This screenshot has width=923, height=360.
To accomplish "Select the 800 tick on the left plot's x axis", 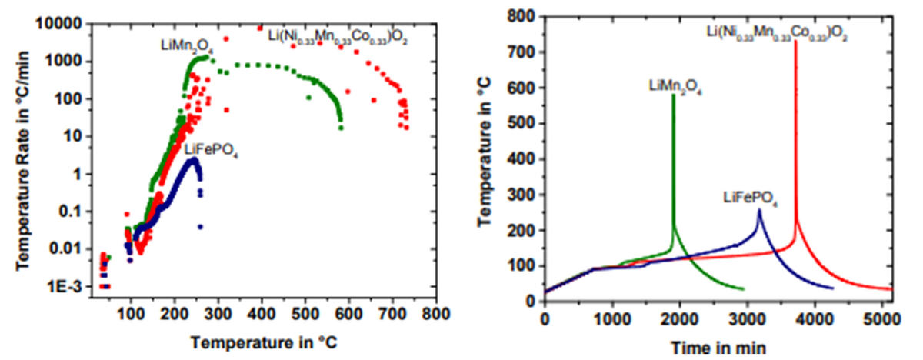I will coord(437,314).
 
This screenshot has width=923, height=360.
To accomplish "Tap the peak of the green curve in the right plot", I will coord(674,95).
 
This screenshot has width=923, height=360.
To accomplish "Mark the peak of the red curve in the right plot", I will coord(795,42).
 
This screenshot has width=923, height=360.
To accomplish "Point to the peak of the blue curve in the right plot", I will coord(759,209).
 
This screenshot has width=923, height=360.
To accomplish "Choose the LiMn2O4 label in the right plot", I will coord(671,85).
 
